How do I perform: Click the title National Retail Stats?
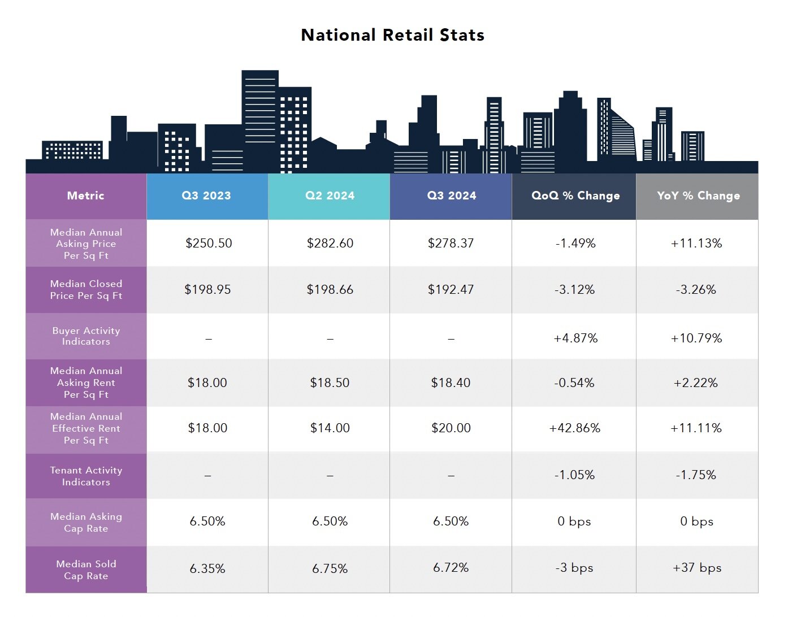pyautogui.click(x=392, y=35)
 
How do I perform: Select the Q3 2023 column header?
pyautogui.click(x=206, y=195)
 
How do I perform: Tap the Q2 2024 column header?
pyautogui.click(x=330, y=195)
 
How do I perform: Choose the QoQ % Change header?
pyautogui.click(x=575, y=195)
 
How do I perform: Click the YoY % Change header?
pyautogui.click(x=698, y=195)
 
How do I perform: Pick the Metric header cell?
pyautogui.click(x=86, y=195)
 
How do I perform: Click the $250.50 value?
pyautogui.click(x=209, y=244)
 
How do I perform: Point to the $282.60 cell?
pyautogui.click(x=330, y=244)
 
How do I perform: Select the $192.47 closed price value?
pyautogui.click(x=451, y=290)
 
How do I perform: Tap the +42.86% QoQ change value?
pyautogui.click(x=574, y=428)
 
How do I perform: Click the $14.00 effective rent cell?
pyautogui.click(x=330, y=428)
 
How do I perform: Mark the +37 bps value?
pyautogui.click(x=696, y=568)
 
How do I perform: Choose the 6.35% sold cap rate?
pyautogui.click(x=207, y=568)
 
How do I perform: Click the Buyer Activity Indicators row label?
pyautogui.click(x=86, y=336)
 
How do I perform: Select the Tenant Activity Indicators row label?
pyautogui.click(x=86, y=476)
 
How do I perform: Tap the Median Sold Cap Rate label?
pyautogui.click(x=86, y=570)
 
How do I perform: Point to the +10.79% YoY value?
pyautogui.click(x=696, y=338)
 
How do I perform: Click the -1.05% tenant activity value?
pyautogui.click(x=574, y=475)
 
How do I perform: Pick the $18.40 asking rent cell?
pyautogui.click(x=451, y=383)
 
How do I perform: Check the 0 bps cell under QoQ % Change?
pyautogui.click(x=574, y=522)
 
